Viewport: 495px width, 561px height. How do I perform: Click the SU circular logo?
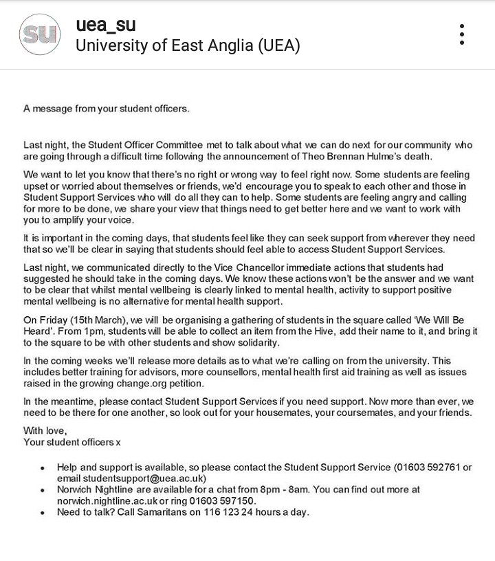click(40, 34)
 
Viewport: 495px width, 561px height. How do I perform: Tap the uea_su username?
click(105, 25)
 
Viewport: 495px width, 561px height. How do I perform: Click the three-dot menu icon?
click(462, 34)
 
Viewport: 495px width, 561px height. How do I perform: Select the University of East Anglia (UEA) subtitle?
click(187, 46)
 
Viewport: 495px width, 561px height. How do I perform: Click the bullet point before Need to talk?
click(43, 513)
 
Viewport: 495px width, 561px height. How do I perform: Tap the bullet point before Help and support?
click(43, 468)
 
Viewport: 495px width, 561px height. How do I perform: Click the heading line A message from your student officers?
click(106, 108)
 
